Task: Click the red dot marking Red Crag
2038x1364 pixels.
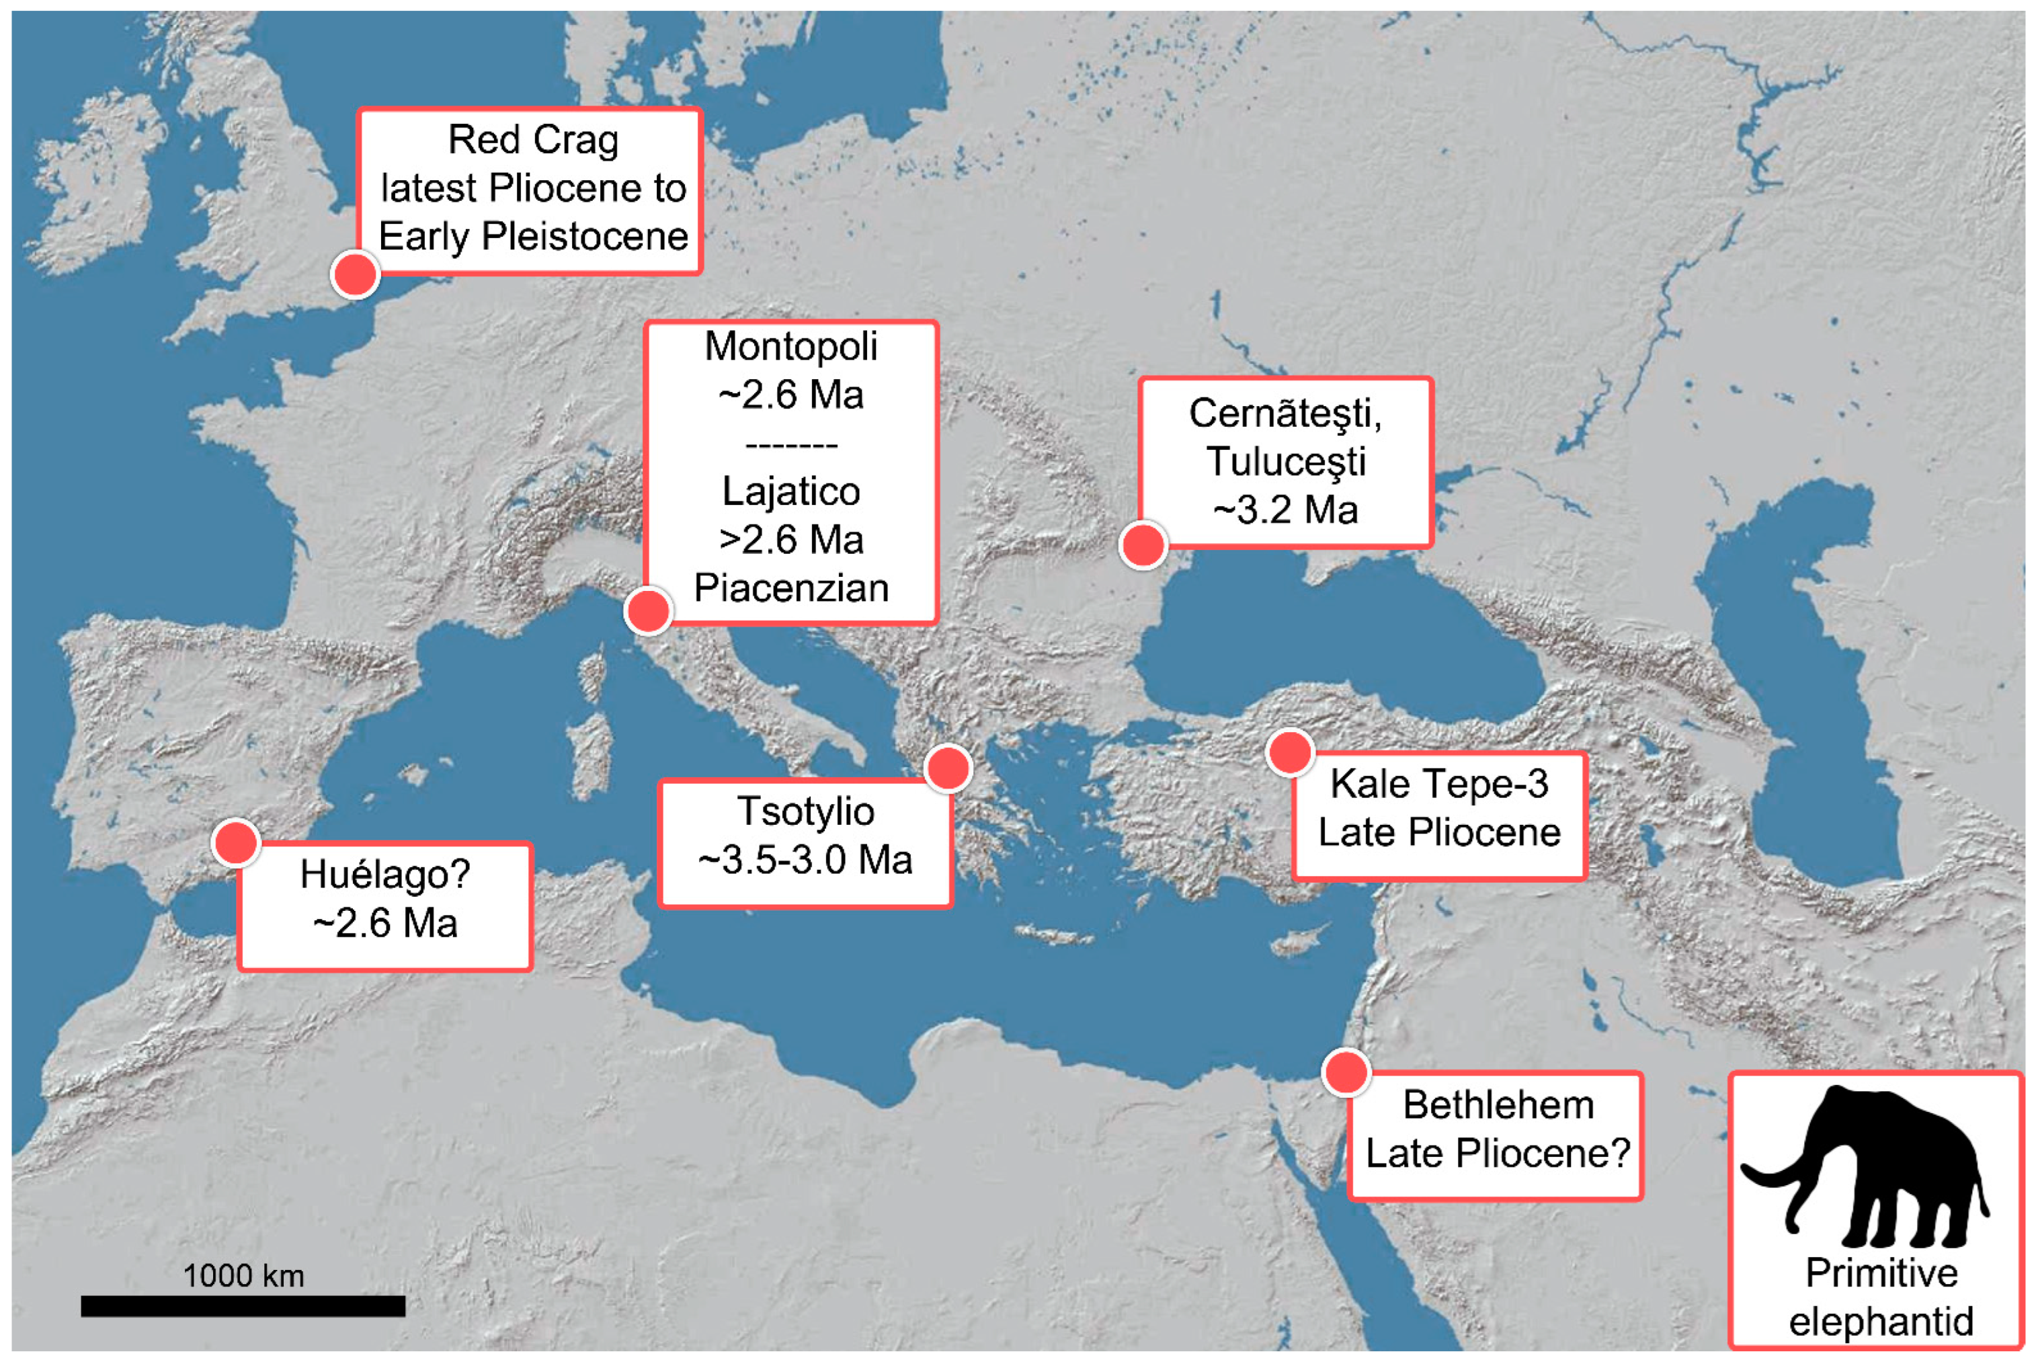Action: coord(355,274)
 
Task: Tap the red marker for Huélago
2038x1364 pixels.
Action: coord(236,842)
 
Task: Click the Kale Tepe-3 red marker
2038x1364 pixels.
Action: coord(1289,752)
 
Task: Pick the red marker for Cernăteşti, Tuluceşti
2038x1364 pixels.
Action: coord(1142,545)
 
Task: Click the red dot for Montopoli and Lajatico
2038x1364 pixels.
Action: coord(648,610)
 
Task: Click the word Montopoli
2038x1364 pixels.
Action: coord(790,346)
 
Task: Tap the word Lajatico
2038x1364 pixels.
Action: coord(790,491)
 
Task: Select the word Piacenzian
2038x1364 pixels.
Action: coord(790,588)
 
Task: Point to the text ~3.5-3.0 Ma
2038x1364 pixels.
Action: coord(805,859)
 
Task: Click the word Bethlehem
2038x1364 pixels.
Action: coord(1498,1105)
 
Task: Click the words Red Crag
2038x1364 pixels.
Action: coord(532,140)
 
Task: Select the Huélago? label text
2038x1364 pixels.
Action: coord(384,874)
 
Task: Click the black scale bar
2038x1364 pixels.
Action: coord(243,1306)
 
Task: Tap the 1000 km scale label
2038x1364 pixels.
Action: coord(243,1275)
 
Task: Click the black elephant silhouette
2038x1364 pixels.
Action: coord(1870,1166)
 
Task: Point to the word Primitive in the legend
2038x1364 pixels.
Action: coord(1881,1273)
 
